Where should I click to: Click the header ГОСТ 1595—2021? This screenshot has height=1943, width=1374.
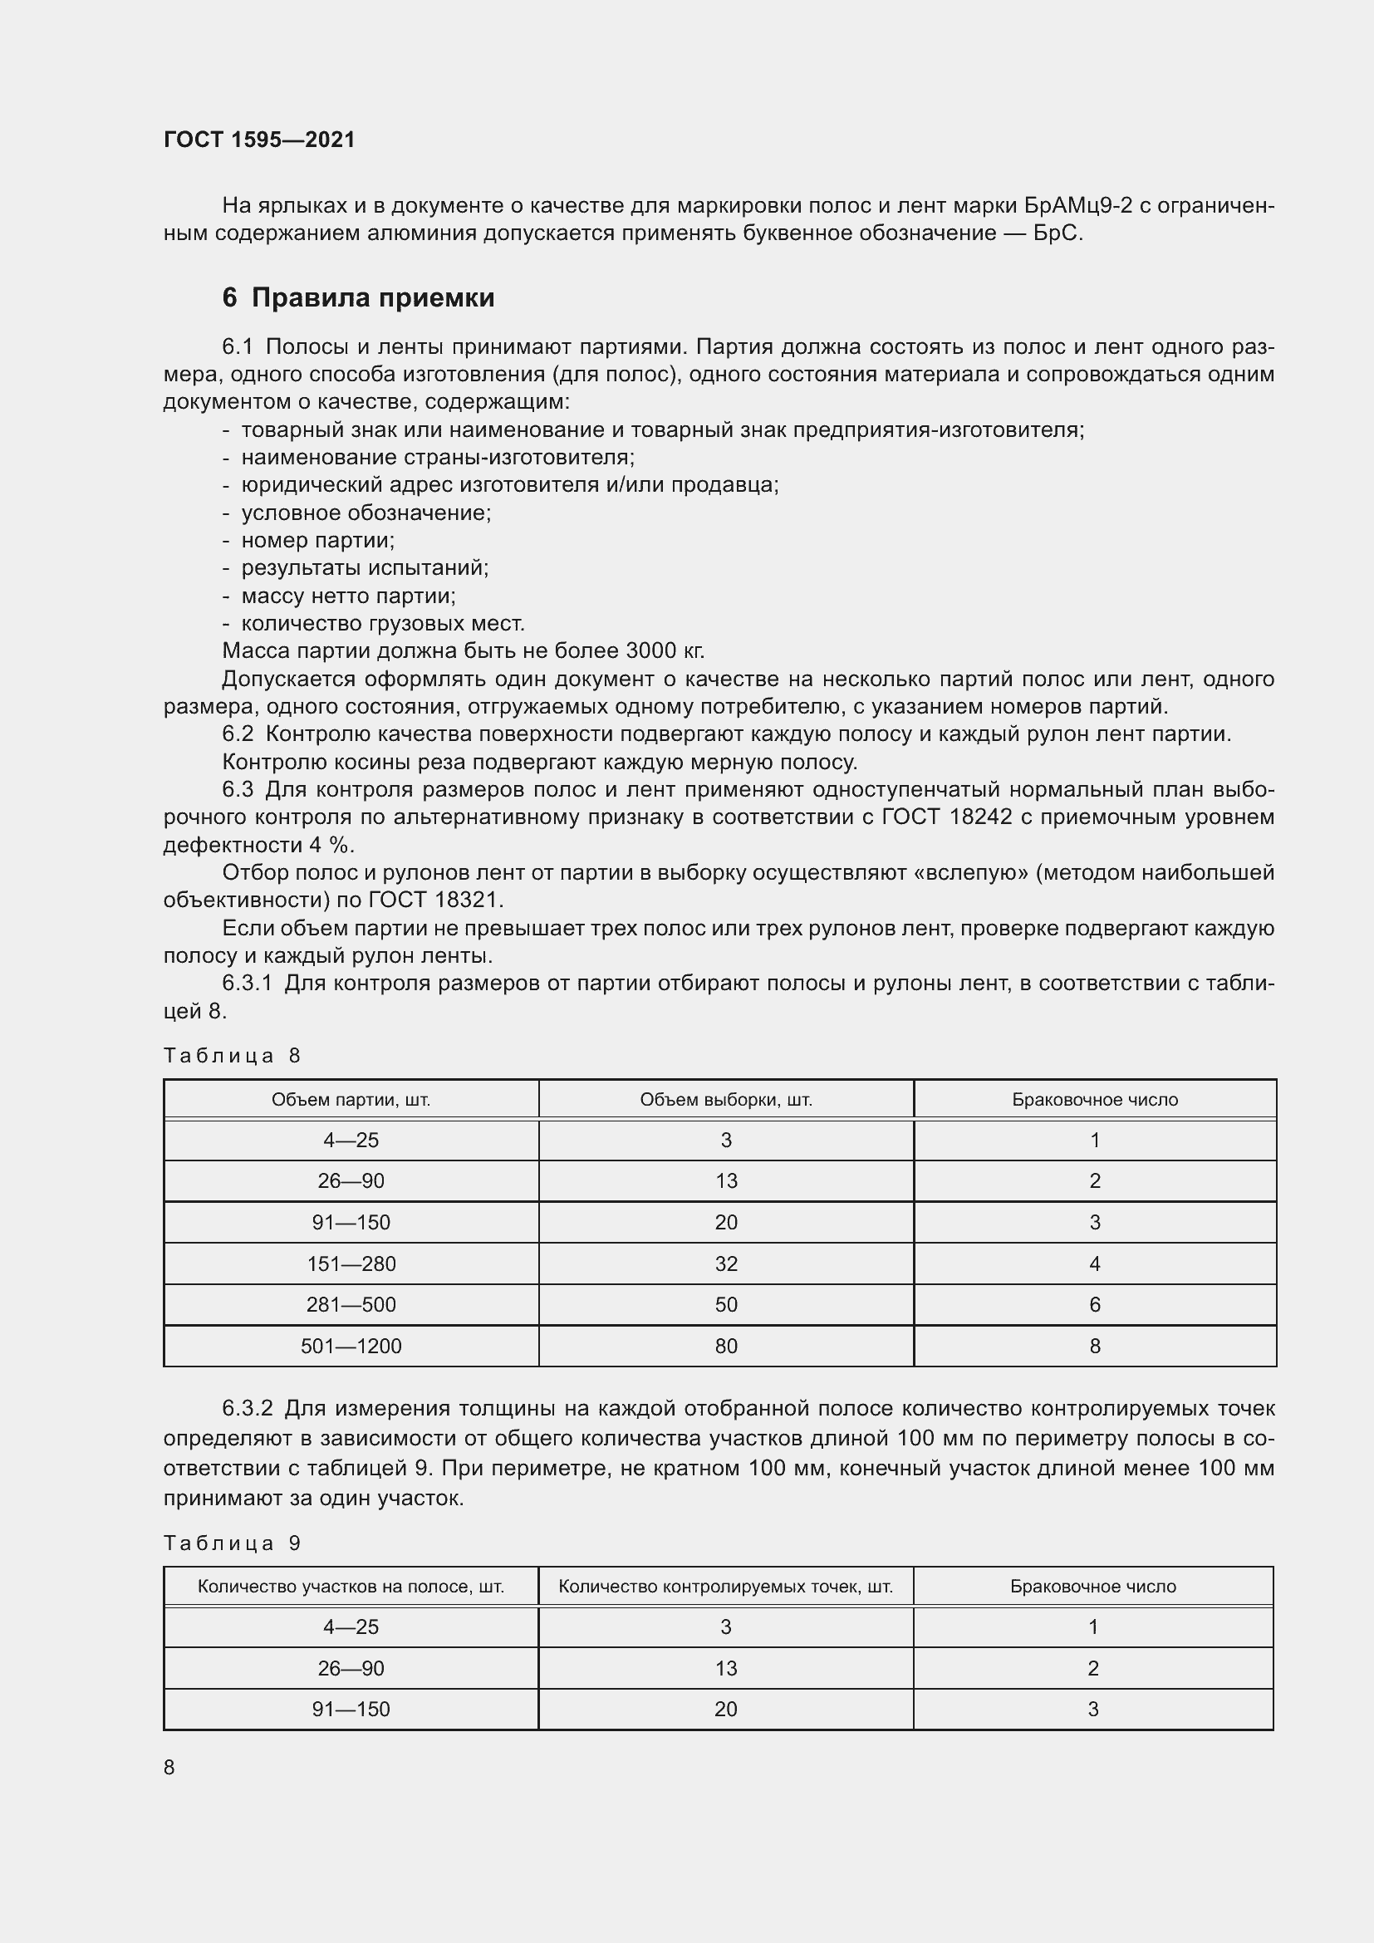(x=259, y=140)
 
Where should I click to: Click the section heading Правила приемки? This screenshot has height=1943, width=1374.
(x=372, y=298)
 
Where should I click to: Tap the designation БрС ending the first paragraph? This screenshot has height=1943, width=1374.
(x=1057, y=233)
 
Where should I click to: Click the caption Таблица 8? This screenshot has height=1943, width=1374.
(x=232, y=1055)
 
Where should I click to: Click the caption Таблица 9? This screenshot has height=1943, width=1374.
(x=232, y=1543)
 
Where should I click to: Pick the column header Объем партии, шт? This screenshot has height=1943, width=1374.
(x=351, y=1100)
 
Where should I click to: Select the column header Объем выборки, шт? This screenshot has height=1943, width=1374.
(x=726, y=1100)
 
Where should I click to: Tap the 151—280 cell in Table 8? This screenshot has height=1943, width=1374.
(x=351, y=1263)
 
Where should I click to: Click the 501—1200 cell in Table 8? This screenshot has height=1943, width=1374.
(x=351, y=1346)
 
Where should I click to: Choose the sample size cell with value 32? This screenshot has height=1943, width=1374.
(x=726, y=1263)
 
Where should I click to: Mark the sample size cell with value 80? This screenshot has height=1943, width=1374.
(x=726, y=1346)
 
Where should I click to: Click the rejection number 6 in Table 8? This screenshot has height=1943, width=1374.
(x=1095, y=1305)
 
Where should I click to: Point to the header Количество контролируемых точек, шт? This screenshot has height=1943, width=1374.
(x=726, y=1587)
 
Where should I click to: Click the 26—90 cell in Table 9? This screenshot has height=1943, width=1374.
(x=351, y=1668)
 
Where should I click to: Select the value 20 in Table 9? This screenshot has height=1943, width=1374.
(x=726, y=1709)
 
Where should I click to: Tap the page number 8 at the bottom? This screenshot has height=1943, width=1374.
(x=169, y=1767)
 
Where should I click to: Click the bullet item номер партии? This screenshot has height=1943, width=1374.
(x=317, y=540)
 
